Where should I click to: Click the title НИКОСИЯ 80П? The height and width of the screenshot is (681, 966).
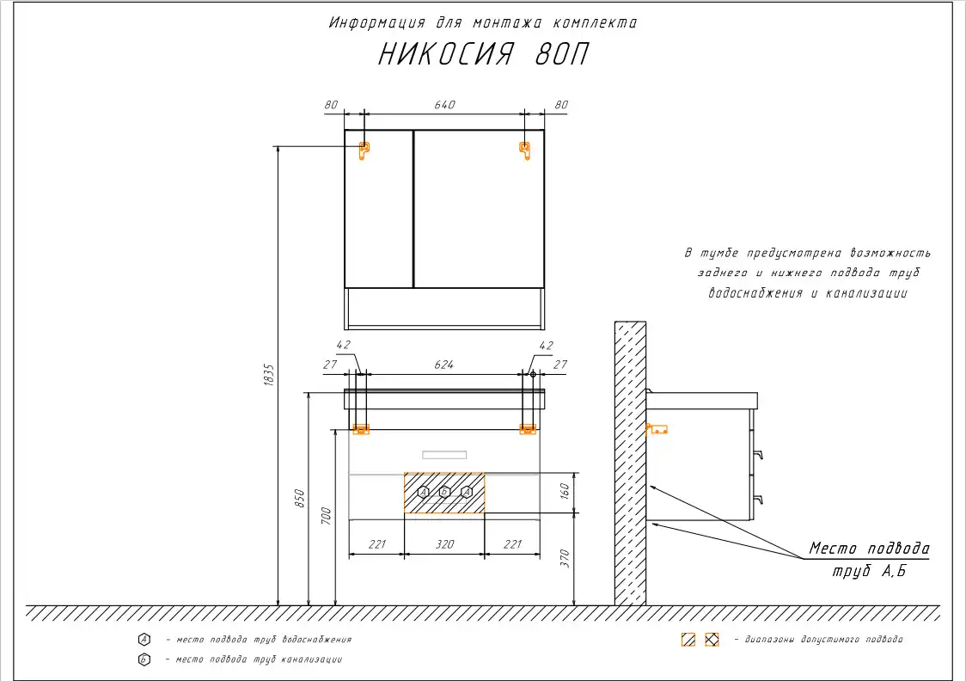pos(483,54)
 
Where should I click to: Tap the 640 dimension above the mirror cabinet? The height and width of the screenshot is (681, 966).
pos(444,105)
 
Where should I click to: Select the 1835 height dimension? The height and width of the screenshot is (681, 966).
pos(269,375)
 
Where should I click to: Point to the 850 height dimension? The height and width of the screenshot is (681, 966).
pos(299,498)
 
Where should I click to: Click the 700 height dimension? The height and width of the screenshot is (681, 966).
pos(326,516)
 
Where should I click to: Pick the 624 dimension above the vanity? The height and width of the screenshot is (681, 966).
pos(443,365)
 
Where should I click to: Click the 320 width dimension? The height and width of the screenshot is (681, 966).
pos(444,544)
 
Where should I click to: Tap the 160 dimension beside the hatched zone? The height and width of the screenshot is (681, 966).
pos(565,491)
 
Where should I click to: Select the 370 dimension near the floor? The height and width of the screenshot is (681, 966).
pos(565,558)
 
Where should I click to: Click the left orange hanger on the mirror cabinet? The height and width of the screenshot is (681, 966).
pos(364,150)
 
